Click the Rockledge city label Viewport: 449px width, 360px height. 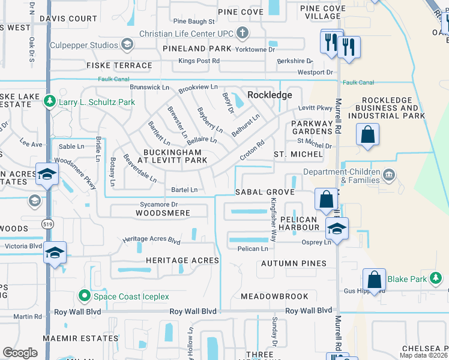[x=270, y=95]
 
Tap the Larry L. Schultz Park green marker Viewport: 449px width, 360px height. [x=51, y=102]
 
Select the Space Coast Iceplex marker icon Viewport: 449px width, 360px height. [x=85, y=296]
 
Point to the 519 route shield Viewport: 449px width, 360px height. [x=46, y=223]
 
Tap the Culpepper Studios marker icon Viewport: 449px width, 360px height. [x=127, y=44]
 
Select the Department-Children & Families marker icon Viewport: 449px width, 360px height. [x=390, y=176]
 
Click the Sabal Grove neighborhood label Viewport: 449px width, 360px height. [x=264, y=192]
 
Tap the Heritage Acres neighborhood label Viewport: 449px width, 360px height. [x=182, y=260]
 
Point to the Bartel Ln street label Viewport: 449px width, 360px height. [x=184, y=190]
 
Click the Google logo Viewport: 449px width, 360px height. [x=20, y=353]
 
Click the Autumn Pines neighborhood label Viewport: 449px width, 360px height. [x=292, y=263]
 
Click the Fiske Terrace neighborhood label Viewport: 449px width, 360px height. [x=119, y=65]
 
